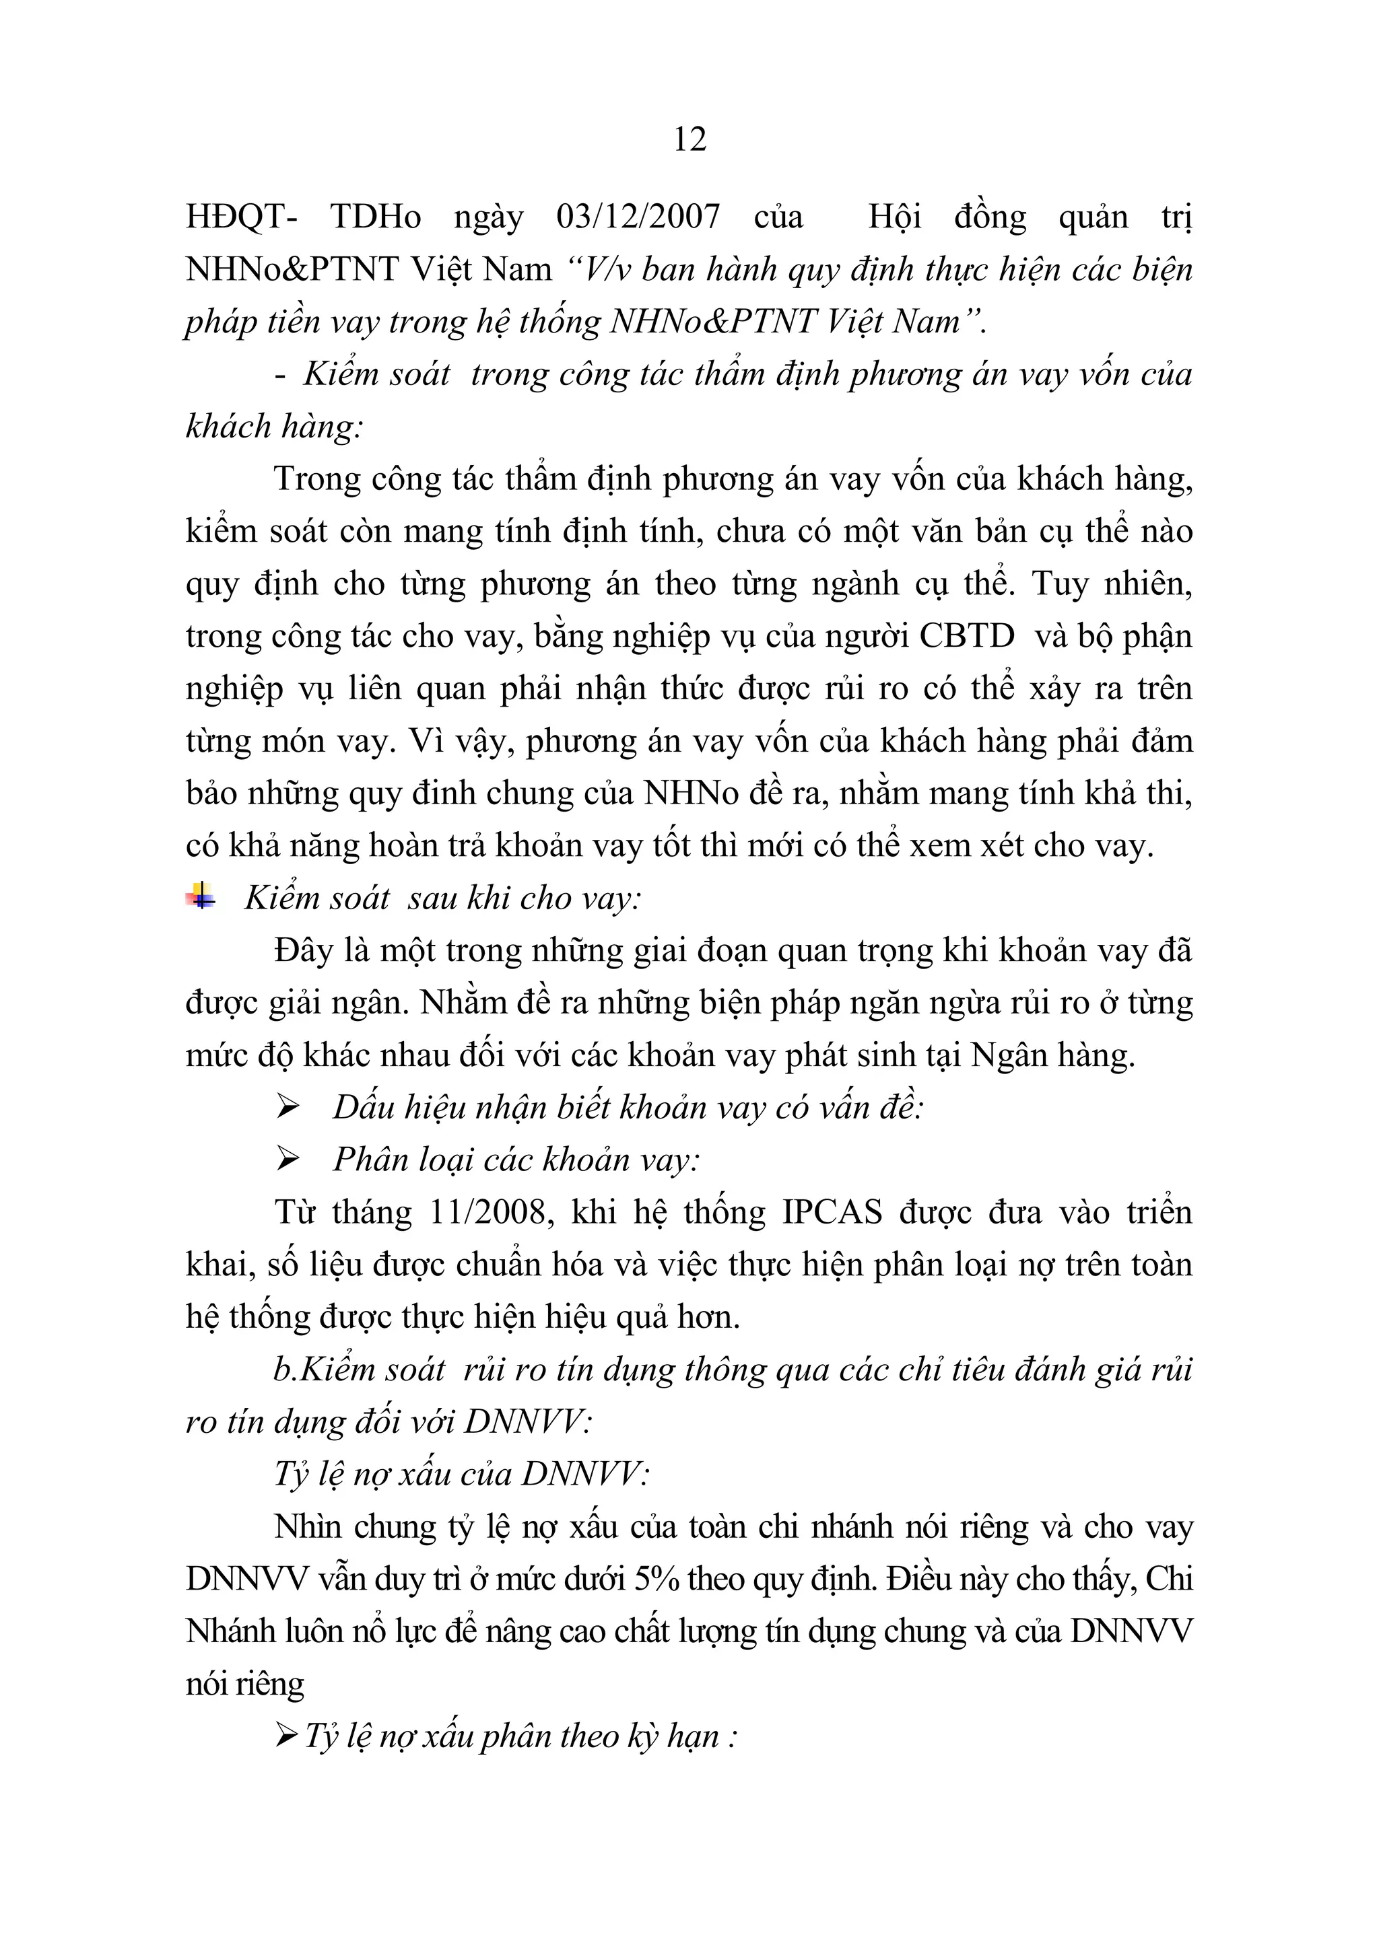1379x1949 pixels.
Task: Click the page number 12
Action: [x=689, y=139]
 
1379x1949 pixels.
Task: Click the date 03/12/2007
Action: [x=638, y=217]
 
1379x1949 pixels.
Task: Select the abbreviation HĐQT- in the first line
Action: [x=241, y=217]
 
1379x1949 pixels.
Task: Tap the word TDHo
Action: [x=375, y=217]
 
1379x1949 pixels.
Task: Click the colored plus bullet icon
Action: [x=201, y=896]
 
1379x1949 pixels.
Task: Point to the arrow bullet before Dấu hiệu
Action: [x=288, y=1107]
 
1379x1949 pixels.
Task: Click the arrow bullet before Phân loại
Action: [x=288, y=1160]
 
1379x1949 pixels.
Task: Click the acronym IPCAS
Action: [x=832, y=1212]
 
